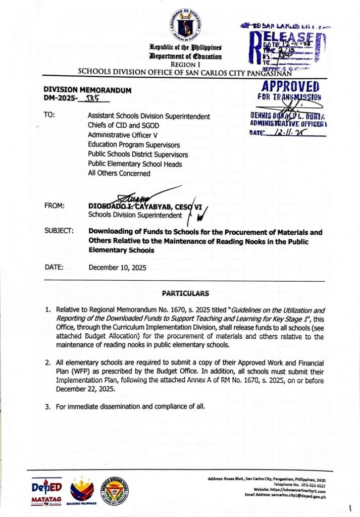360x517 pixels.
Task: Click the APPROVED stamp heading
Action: click(x=290, y=86)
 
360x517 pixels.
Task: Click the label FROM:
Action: click(x=54, y=206)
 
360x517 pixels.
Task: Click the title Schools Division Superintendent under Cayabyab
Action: click(x=135, y=215)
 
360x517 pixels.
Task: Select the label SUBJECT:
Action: click(x=59, y=231)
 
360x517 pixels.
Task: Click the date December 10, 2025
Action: click(x=117, y=268)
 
